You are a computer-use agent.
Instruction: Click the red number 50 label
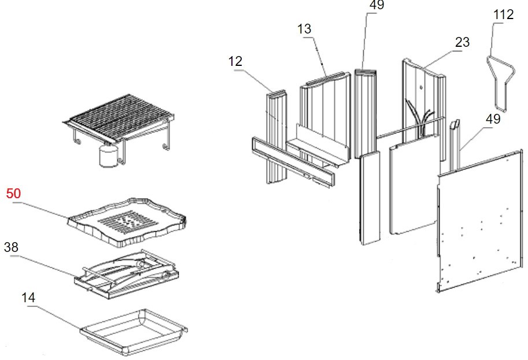tap(13, 194)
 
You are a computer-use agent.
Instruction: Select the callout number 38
tap(11, 247)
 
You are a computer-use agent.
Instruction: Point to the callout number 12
tap(235, 61)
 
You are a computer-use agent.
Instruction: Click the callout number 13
tap(305, 29)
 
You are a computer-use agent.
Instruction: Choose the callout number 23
tap(462, 42)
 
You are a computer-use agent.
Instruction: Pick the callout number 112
tap(503, 14)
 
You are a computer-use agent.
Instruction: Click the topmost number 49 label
tap(376, 5)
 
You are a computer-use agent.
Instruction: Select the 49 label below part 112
tap(493, 120)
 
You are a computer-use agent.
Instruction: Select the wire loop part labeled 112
tap(498, 81)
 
